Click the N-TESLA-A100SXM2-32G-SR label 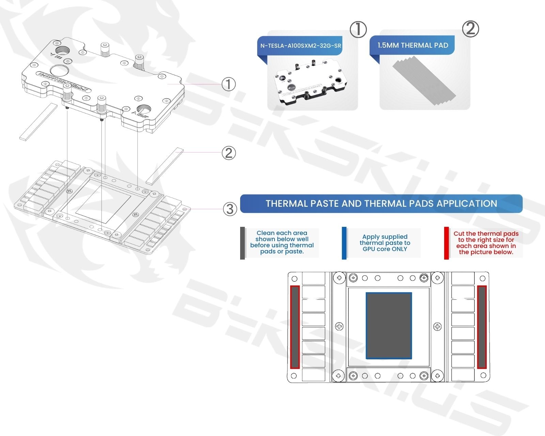[300, 45]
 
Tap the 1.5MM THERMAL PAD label [412, 45]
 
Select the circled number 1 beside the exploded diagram [229, 84]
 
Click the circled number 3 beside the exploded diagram [230, 209]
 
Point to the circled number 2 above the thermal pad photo [470, 29]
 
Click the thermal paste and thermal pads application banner [381, 204]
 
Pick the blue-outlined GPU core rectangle [389, 326]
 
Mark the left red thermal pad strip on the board [295, 327]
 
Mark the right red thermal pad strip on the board [482, 327]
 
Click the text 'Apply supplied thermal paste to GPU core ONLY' [385, 243]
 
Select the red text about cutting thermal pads [486, 243]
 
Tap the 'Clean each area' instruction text [282, 242]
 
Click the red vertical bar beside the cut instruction [446, 243]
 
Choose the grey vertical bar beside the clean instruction [243, 243]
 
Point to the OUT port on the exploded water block [143, 110]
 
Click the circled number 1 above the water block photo [358, 30]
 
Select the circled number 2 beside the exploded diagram [229, 153]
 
